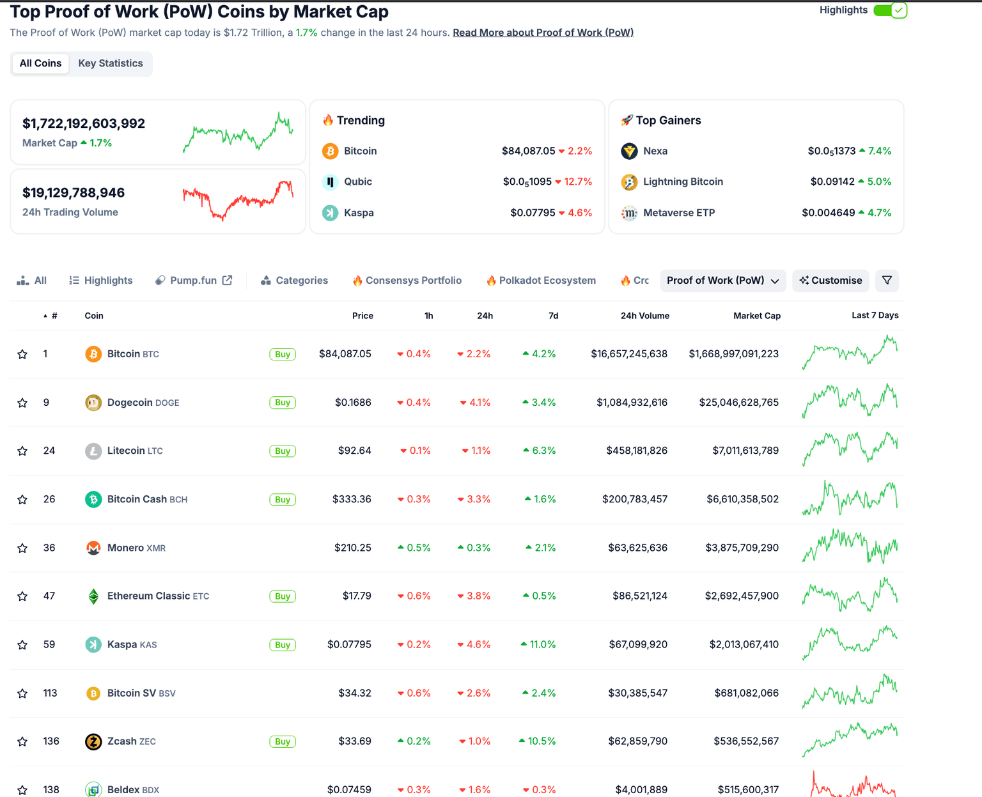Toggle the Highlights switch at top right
pyautogui.click(x=890, y=10)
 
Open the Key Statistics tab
pyautogui.click(x=110, y=63)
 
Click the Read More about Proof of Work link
pyautogui.click(x=543, y=33)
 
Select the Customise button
pyautogui.click(x=830, y=281)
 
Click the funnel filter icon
pyautogui.click(x=887, y=281)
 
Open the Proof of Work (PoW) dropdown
pyautogui.click(x=722, y=281)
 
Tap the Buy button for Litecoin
pyautogui.click(x=283, y=451)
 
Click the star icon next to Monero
pyautogui.click(x=22, y=548)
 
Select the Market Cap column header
pyautogui.click(x=756, y=316)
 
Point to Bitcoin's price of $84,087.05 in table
pyautogui.click(x=345, y=354)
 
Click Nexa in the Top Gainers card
pyautogui.click(x=655, y=151)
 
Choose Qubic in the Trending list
pyautogui.click(x=357, y=182)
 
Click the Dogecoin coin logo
pyautogui.click(x=93, y=403)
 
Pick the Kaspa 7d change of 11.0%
pyautogui.click(x=538, y=645)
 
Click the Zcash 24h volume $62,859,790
pyautogui.click(x=635, y=741)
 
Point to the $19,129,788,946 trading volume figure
pyautogui.click(x=74, y=193)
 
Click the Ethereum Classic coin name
pyautogui.click(x=148, y=596)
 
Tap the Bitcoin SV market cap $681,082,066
pyautogui.click(x=746, y=693)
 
